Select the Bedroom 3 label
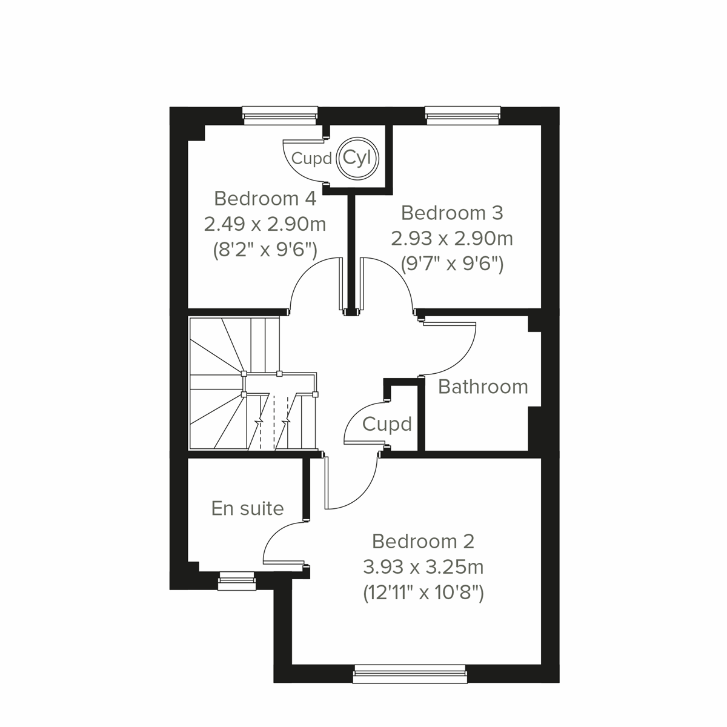(452, 213)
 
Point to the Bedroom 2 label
(423, 541)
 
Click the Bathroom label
(483, 387)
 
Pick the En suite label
(247, 508)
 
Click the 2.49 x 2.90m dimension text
(265, 224)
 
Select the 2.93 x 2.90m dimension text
(452, 239)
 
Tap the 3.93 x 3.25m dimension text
(423, 567)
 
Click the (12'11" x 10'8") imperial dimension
(423, 593)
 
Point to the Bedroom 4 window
(279, 115)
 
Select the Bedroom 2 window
(410, 673)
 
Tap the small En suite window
(237, 580)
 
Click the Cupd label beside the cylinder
(311, 159)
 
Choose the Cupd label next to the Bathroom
(387, 424)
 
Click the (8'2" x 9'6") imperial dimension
(265, 250)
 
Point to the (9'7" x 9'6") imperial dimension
(452, 264)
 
